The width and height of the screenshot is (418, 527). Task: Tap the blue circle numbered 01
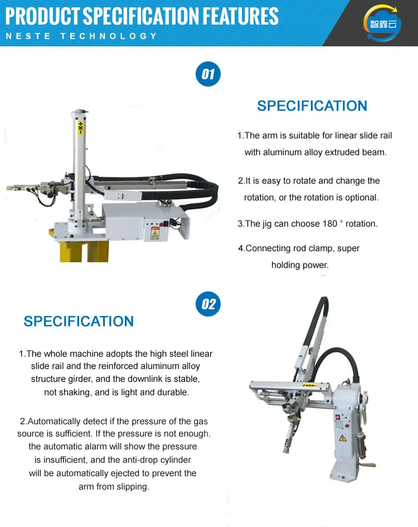click(x=208, y=74)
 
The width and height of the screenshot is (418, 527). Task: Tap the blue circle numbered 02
click(x=208, y=304)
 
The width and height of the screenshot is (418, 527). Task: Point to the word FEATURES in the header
click(x=240, y=16)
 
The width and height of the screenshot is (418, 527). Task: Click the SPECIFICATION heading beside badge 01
click(x=312, y=106)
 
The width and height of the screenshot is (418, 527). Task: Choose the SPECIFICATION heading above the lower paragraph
click(x=79, y=322)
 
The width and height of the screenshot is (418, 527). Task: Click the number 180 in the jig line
click(x=330, y=223)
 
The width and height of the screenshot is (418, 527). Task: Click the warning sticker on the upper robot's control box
click(x=154, y=234)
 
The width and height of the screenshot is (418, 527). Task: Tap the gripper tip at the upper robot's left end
click(x=12, y=188)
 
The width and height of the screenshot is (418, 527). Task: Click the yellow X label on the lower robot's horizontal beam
click(x=309, y=385)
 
